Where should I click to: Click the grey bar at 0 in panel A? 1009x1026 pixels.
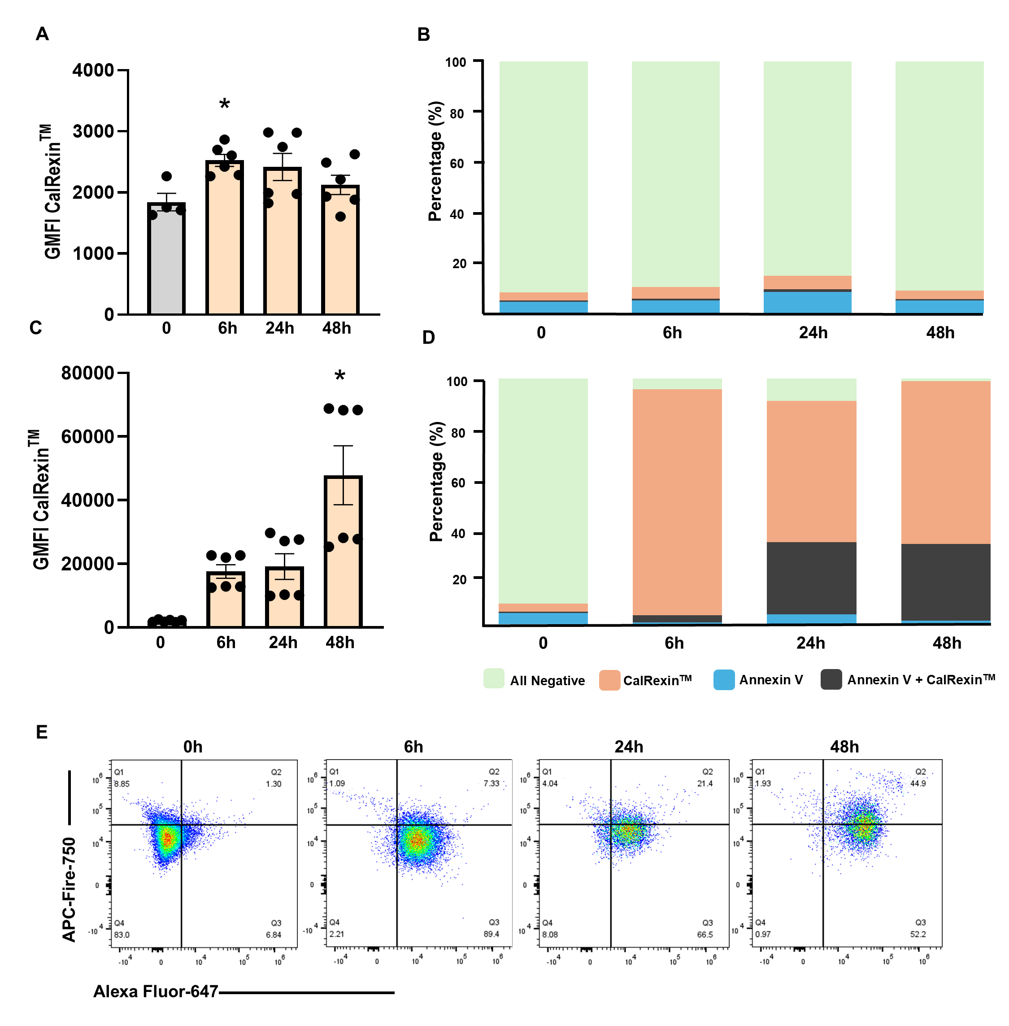pos(166,260)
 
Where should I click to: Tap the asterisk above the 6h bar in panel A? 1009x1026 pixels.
pos(225,104)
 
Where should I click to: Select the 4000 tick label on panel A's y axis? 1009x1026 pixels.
pos(93,70)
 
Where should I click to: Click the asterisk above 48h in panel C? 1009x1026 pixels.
pos(339,376)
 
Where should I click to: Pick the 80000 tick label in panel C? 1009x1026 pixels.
pos(87,373)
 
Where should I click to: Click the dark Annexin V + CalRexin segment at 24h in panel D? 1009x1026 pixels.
pos(811,578)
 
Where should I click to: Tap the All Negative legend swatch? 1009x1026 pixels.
pos(493,679)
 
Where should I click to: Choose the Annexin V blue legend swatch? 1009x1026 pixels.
pos(724,679)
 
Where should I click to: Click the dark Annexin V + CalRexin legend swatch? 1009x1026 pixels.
pos(831,679)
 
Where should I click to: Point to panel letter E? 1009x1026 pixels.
pos(42,732)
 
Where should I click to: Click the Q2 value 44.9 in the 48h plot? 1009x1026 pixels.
pos(918,783)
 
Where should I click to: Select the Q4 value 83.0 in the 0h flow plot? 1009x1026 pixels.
pos(122,935)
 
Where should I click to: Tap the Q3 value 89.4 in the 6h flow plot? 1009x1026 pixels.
pos(491,934)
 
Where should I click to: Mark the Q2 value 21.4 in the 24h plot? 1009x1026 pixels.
pos(705,783)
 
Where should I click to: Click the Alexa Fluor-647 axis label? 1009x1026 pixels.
pos(156,991)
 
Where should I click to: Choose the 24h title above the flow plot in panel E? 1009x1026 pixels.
pos(629,747)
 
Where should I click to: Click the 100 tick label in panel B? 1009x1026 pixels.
pos(456,62)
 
